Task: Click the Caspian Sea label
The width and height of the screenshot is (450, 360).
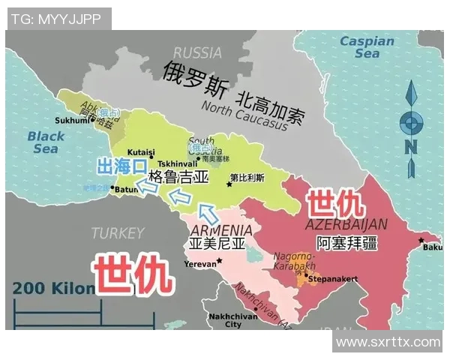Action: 366,47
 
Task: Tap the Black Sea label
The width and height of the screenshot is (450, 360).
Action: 46,142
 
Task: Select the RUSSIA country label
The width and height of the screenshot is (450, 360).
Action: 197,53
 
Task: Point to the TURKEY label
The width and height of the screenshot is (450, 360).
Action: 117,232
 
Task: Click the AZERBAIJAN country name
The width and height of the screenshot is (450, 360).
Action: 346,224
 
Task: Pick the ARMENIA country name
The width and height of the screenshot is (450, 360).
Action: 221,229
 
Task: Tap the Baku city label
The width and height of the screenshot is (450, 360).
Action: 432,247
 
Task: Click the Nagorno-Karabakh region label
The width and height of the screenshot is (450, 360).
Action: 294,261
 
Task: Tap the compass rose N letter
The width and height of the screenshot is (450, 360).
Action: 410,148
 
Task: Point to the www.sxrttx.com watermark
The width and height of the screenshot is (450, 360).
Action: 388,342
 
